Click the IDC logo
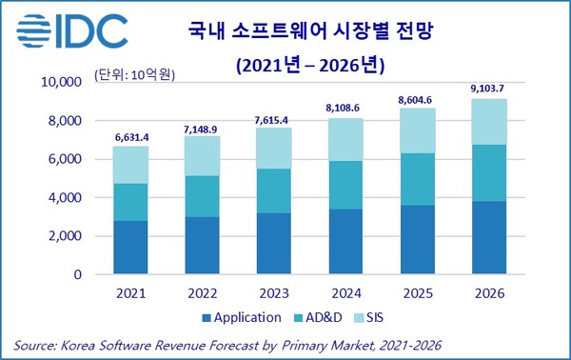tap(71, 32)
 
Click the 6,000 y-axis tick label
tap(66, 159)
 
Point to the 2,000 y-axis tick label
tap(66, 236)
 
